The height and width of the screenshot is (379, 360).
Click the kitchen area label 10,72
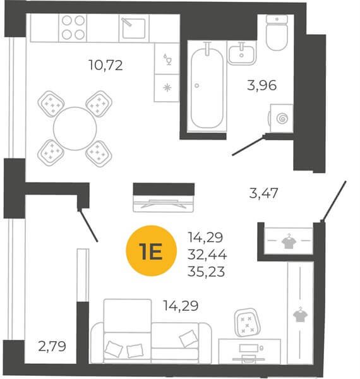[106, 65]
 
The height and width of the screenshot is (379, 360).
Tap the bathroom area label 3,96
[261, 85]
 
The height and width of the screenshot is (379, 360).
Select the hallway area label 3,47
[263, 193]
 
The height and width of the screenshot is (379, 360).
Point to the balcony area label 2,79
[52, 346]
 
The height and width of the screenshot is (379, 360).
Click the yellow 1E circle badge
[151, 251]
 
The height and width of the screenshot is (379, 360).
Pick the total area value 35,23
[206, 272]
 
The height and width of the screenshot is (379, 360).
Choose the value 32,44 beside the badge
[207, 255]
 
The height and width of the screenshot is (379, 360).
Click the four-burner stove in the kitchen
[73, 28]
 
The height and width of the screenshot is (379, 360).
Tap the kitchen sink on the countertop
[134, 28]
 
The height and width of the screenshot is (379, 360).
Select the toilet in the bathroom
[277, 33]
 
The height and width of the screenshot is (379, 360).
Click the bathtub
[207, 87]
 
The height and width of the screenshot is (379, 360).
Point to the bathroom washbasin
[241, 53]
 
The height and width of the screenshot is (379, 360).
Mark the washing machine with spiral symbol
[281, 119]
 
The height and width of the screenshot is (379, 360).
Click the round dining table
[75, 129]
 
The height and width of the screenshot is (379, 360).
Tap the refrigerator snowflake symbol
[167, 88]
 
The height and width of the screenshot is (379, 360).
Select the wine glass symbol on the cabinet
[167, 59]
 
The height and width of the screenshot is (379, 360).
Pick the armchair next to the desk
[247, 323]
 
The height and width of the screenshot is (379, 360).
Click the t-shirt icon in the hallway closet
[287, 241]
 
